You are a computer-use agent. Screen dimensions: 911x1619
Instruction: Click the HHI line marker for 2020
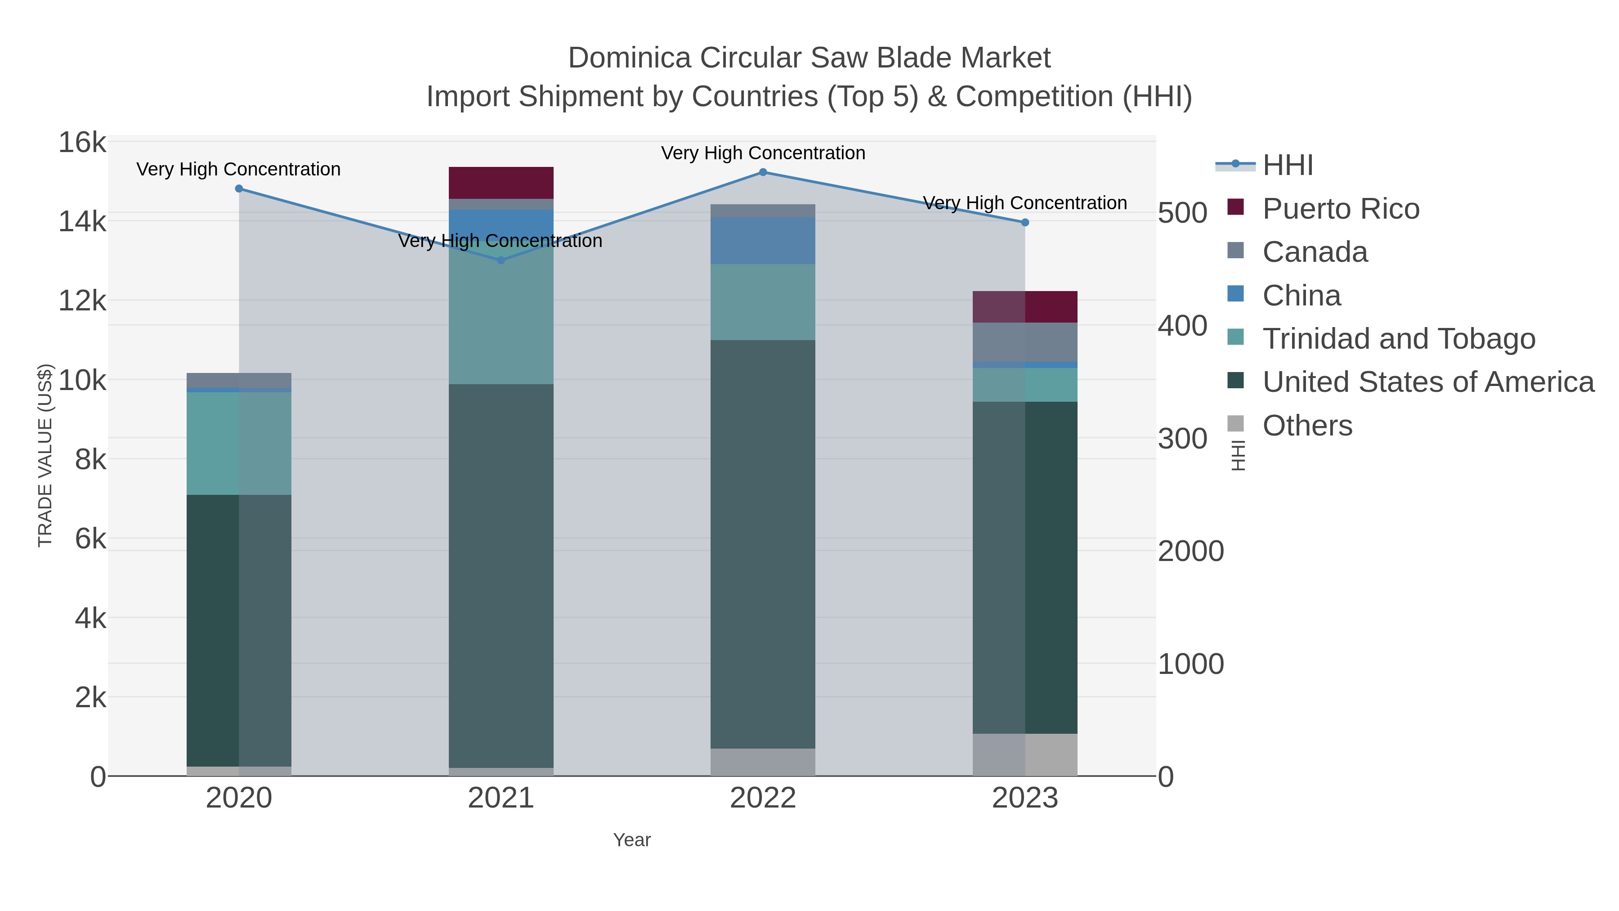pos(239,188)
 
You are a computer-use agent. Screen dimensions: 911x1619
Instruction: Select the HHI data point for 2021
pos(501,260)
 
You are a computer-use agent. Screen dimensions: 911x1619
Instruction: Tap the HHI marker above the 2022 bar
pos(763,172)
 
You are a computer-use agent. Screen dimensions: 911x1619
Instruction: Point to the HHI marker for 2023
pos(1025,223)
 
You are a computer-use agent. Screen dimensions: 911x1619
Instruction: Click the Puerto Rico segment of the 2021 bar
pos(501,183)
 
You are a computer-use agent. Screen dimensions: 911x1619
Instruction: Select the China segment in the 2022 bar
pos(763,241)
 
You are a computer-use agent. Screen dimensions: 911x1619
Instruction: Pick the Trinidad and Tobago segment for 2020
pos(239,443)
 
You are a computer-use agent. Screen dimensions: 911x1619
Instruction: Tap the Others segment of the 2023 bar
pos(1025,754)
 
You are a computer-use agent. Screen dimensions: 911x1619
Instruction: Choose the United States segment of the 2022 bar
pos(763,544)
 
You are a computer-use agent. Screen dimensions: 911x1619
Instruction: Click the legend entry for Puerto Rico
pos(1341,209)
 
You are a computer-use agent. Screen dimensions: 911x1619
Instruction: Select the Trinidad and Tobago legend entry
pos(1398,339)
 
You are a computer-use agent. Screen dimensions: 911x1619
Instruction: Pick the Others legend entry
pos(1307,426)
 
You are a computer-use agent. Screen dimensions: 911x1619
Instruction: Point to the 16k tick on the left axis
pos(82,143)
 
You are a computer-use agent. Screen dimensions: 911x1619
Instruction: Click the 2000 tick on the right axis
pos(1190,552)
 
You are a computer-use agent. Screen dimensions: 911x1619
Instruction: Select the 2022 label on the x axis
pos(763,799)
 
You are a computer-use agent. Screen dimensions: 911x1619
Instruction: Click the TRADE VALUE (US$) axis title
pos(45,455)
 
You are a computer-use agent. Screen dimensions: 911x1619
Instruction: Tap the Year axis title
pos(632,840)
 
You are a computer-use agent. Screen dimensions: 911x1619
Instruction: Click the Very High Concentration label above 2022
pos(763,153)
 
